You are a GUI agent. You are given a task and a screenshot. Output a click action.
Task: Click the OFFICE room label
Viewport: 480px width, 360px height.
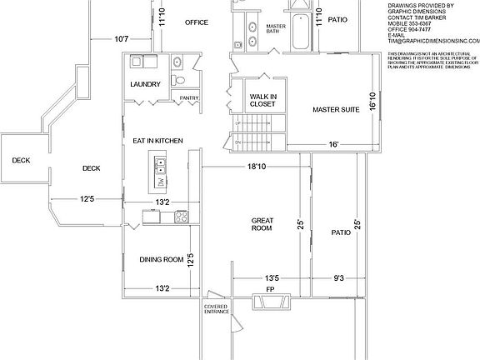pyautogui.click(x=196, y=22)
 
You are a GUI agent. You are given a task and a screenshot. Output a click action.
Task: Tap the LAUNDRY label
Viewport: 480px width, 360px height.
pyautogui.click(x=146, y=85)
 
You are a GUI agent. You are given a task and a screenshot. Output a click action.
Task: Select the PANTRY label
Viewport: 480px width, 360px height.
pyautogui.click(x=189, y=98)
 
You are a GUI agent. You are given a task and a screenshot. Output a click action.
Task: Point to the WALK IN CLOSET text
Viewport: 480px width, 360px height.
pyautogui.click(x=263, y=101)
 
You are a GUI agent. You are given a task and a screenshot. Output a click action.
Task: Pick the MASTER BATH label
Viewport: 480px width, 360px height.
pyautogui.click(x=276, y=29)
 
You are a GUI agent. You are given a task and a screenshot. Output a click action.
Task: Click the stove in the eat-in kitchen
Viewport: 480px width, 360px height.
pyautogui.click(x=178, y=217)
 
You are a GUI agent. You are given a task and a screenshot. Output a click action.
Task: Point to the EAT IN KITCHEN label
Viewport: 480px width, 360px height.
pyautogui.click(x=158, y=141)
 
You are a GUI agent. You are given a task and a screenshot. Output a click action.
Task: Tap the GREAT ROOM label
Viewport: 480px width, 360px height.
pyautogui.click(x=262, y=225)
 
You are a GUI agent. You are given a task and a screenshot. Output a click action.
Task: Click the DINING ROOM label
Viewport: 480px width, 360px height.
pyautogui.click(x=162, y=259)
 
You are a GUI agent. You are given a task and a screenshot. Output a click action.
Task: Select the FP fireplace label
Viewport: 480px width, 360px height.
pyautogui.click(x=269, y=289)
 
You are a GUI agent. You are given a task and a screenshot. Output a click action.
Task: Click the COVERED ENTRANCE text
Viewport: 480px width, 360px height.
pyautogui.click(x=216, y=309)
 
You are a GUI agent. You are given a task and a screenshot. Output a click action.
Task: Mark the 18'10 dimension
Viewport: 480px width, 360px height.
pyautogui.click(x=257, y=167)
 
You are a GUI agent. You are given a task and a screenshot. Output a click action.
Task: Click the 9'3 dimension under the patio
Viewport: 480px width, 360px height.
pyautogui.click(x=338, y=279)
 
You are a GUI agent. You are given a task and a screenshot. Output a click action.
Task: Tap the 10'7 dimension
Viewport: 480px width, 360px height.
pyautogui.click(x=122, y=38)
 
